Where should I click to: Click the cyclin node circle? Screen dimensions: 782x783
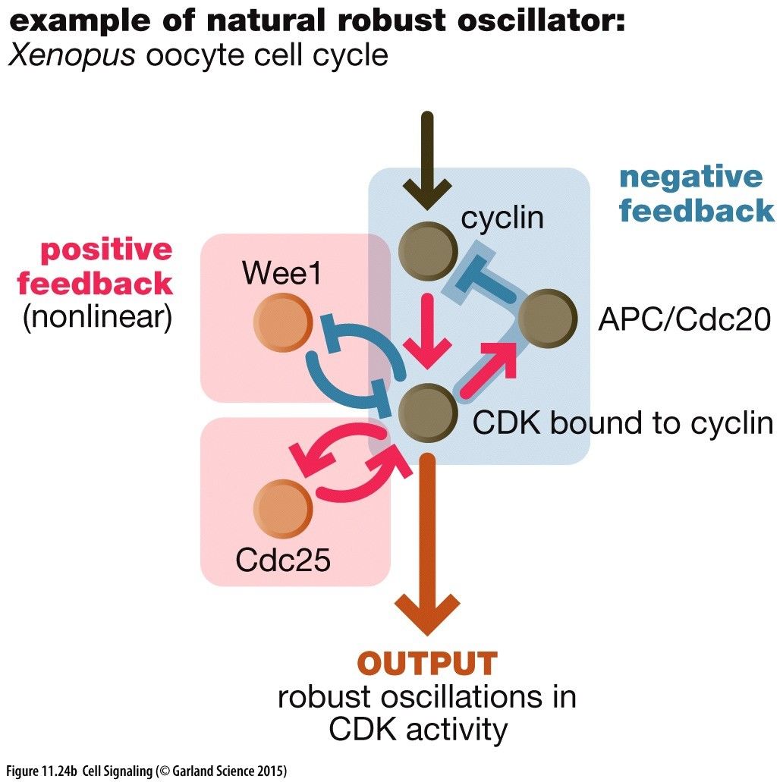427,251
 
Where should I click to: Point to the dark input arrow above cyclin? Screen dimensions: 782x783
427,159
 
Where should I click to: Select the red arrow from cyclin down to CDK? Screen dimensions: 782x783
427,330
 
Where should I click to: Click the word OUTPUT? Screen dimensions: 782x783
427,664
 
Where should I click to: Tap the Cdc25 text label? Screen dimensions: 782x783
283,561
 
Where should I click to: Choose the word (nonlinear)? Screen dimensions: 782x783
97,317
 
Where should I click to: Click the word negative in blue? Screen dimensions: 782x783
691,177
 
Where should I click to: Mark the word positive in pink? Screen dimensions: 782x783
106,250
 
